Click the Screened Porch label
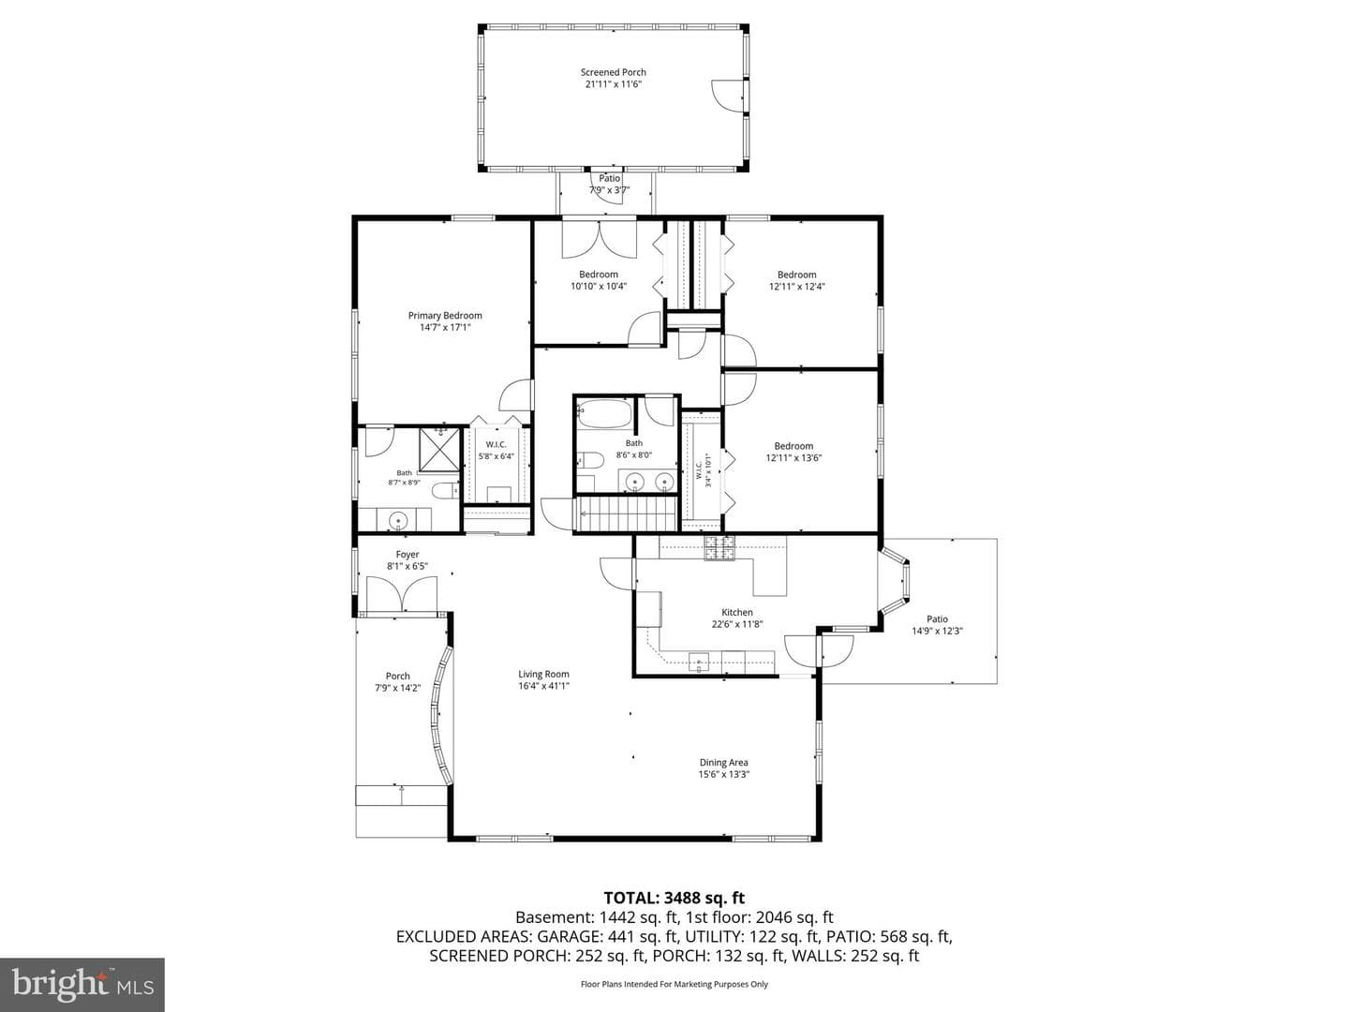pos(613,72)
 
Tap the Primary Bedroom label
pos(445,316)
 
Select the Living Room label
pos(543,674)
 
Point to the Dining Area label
pos(723,763)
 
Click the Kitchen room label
pos(737,613)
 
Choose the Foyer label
pos(407,555)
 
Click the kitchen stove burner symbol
pos(719,548)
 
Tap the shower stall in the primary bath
pos(439,449)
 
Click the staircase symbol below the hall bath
pos(625,514)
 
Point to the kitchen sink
pos(698,662)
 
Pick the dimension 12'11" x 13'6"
pos(793,458)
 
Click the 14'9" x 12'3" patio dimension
pos(937,631)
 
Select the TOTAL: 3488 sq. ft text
pos(674,898)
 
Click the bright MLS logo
pos(82,984)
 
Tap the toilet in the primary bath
pos(445,491)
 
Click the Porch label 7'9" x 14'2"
pos(397,682)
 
